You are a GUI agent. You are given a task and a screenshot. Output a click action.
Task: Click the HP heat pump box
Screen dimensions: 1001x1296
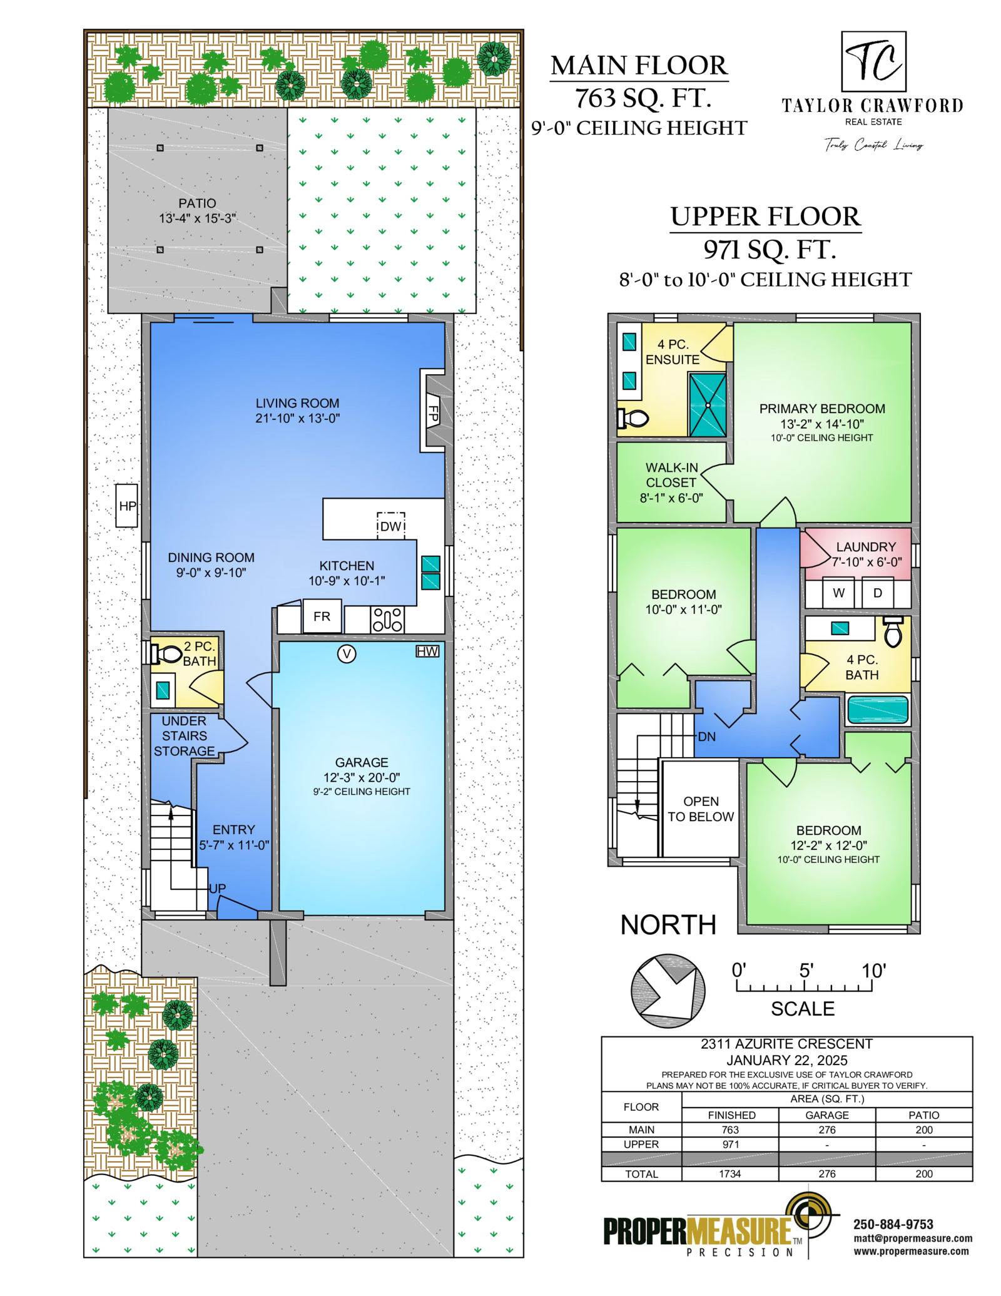(x=127, y=505)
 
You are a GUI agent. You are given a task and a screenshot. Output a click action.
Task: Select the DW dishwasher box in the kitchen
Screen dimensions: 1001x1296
(x=391, y=526)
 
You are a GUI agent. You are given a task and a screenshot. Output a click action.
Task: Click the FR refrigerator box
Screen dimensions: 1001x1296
(x=322, y=616)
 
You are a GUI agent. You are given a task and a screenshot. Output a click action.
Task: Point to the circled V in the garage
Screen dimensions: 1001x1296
(x=347, y=654)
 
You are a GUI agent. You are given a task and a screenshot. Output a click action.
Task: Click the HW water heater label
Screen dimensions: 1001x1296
(x=427, y=651)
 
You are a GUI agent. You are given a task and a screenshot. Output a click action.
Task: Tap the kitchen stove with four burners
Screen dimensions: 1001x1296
(x=387, y=620)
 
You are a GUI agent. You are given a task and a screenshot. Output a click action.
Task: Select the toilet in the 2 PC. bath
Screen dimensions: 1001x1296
(x=165, y=654)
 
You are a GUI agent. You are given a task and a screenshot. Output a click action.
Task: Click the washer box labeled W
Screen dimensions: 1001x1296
(x=838, y=593)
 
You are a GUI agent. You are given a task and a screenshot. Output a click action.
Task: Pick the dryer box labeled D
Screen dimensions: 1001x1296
(x=878, y=593)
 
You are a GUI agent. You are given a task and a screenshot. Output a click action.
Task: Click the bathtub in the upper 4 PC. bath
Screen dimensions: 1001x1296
(x=878, y=709)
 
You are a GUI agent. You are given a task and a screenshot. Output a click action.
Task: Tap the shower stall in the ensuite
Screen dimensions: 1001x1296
(x=708, y=405)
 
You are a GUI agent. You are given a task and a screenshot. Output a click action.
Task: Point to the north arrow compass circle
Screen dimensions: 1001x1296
(x=668, y=991)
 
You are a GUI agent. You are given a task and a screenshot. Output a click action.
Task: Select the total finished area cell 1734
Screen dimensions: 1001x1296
(x=729, y=1174)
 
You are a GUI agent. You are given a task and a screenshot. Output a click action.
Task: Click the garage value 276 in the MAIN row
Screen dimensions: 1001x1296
(x=826, y=1130)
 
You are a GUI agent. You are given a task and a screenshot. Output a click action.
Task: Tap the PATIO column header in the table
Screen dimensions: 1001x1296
(x=923, y=1115)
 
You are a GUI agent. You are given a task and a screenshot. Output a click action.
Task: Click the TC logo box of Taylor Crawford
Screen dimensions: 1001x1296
(x=873, y=61)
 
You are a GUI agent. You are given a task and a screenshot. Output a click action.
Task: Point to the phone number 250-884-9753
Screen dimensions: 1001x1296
(x=893, y=1225)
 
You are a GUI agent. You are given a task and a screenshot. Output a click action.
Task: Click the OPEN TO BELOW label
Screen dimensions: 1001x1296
(x=700, y=809)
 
